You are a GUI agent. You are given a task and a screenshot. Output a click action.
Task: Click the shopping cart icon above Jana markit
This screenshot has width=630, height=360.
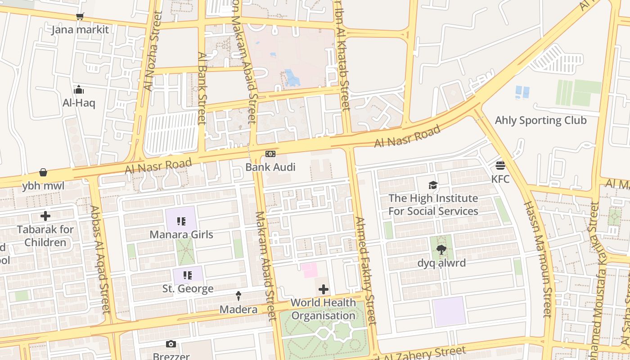[x=80, y=17]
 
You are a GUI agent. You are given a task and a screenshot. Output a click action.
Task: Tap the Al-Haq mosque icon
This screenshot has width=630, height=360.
[x=79, y=90]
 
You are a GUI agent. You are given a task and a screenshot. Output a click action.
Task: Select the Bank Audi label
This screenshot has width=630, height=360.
[x=270, y=167]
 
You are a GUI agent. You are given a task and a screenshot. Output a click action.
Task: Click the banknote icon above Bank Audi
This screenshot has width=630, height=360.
[x=270, y=154]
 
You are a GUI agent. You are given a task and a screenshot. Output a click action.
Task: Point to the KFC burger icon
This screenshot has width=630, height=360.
[x=500, y=166]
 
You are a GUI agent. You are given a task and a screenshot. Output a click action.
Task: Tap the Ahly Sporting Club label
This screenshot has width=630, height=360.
[x=540, y=121]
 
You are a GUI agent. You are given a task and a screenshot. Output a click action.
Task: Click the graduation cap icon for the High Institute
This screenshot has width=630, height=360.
[x=433, y=185]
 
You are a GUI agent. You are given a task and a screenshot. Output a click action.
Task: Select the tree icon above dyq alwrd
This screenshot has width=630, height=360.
[x=441, y=250]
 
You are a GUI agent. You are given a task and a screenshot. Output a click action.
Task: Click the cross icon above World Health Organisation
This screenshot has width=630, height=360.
[x=323, y=289]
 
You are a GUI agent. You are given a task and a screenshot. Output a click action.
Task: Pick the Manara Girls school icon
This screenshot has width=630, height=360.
[x=181, y=221]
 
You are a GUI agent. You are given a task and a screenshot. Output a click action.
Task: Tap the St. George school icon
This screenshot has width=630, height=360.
[x=188, y=275]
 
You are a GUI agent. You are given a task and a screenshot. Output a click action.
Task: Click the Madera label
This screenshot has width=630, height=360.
[x=238, y=310]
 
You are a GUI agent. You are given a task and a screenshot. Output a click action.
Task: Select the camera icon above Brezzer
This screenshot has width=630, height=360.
[x=171, y=344]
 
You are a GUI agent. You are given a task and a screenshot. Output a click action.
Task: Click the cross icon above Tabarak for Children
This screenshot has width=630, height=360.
[x=45, y=216]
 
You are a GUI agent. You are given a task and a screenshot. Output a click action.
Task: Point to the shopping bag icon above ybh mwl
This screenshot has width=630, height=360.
[x=43, y=172]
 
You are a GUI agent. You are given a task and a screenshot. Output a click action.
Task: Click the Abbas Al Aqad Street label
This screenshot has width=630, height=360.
[x=100, y=260]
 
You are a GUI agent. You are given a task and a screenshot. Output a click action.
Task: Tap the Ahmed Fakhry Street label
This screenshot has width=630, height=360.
[x=365, y=271]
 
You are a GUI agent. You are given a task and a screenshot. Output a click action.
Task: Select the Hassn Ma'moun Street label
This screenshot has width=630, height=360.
[x=537, y=259]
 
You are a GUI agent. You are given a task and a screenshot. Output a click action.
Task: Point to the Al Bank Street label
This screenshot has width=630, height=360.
[x=202, y=88]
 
